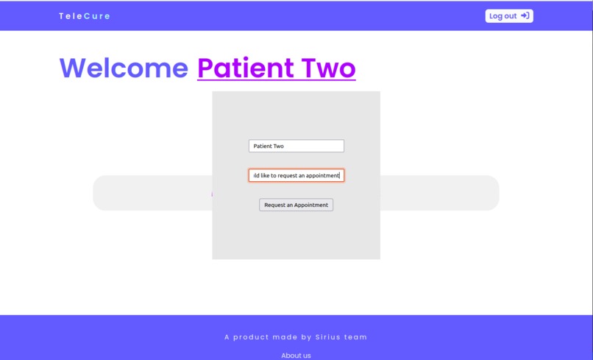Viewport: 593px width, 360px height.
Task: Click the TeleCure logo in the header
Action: point(85,16)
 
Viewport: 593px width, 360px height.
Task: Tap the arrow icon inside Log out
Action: point(525,15)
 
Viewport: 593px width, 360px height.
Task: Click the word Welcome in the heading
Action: point(124,68)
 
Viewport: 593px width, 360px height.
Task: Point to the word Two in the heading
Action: point(327,68)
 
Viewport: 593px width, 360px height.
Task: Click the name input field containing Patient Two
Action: point(296,146)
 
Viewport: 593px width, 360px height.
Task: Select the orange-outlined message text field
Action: point(296,175)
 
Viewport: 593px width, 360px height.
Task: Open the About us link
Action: point(296,356)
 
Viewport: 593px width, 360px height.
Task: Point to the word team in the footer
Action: point(357,337)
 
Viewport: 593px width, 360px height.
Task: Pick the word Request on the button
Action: point(275,205)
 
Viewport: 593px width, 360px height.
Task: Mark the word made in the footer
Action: point(288,337)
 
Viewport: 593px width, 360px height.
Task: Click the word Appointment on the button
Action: point(311,205)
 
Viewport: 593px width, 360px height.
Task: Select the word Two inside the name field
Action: point(279,146)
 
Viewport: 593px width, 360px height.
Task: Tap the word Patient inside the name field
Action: point(263,146)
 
